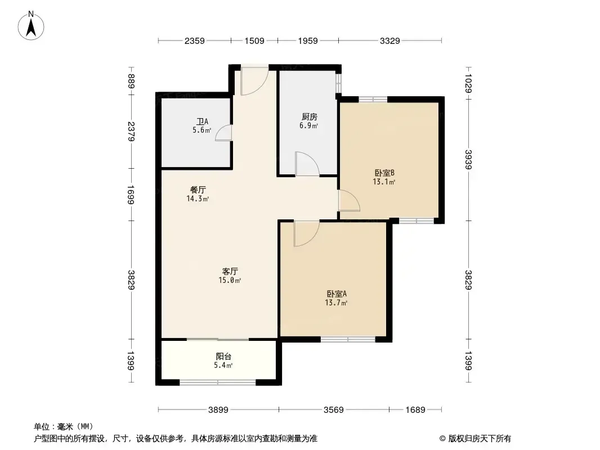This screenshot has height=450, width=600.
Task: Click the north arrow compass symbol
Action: click(31, 26)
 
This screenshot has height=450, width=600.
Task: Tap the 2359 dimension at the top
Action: click(194, 41)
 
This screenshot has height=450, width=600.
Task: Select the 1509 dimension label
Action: click(254, 41)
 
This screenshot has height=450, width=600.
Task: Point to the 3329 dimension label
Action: click(390, 41)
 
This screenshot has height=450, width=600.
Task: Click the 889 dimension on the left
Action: click(131, 81)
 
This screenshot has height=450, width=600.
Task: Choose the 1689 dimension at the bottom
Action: click(415, 410)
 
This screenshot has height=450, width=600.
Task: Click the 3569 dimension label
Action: click(334, 410)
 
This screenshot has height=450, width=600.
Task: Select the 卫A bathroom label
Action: click(203, 121)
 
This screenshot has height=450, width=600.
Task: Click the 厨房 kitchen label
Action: click(309, 116)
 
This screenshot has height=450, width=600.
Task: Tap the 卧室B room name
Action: click(384, 173)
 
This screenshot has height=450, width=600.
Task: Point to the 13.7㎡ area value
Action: click(336, 303)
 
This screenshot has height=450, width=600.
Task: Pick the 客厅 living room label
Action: click(230, 272)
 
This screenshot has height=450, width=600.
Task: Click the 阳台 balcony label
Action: click(224, 356)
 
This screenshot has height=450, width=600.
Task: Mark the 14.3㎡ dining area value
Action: click(198, 199)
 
